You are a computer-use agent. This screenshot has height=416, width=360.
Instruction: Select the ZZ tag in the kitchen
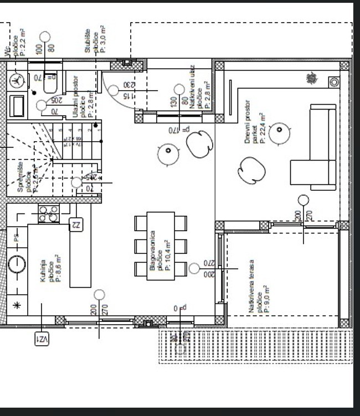click(x=76, y=224)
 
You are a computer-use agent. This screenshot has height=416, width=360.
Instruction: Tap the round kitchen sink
click(x=17, y=264)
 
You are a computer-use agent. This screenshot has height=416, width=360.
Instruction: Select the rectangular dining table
click(x=161, y=246)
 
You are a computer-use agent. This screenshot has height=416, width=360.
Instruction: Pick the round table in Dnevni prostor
click(x=280, y=131)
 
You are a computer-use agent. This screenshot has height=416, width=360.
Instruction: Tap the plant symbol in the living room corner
click(x=312, y=79)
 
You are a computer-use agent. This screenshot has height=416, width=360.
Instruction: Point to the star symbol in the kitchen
click(x=16, y=305)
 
